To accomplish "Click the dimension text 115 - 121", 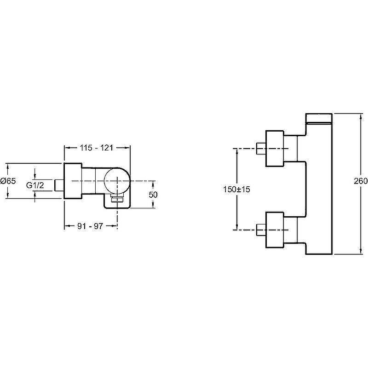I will (97, 148).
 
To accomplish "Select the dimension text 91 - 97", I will (90, 226).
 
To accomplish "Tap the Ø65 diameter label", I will (8, 181).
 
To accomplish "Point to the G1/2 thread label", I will (34, 185).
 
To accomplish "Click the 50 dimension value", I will (153, 195).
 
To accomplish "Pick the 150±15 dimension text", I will (236, 189).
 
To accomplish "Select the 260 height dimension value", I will (361, 181).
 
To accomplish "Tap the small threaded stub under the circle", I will (117, 198).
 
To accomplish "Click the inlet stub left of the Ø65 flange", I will (59, 185).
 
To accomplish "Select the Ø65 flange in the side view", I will (73, 181).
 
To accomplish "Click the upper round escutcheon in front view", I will (275, 148).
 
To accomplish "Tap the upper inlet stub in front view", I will (261, 148).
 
